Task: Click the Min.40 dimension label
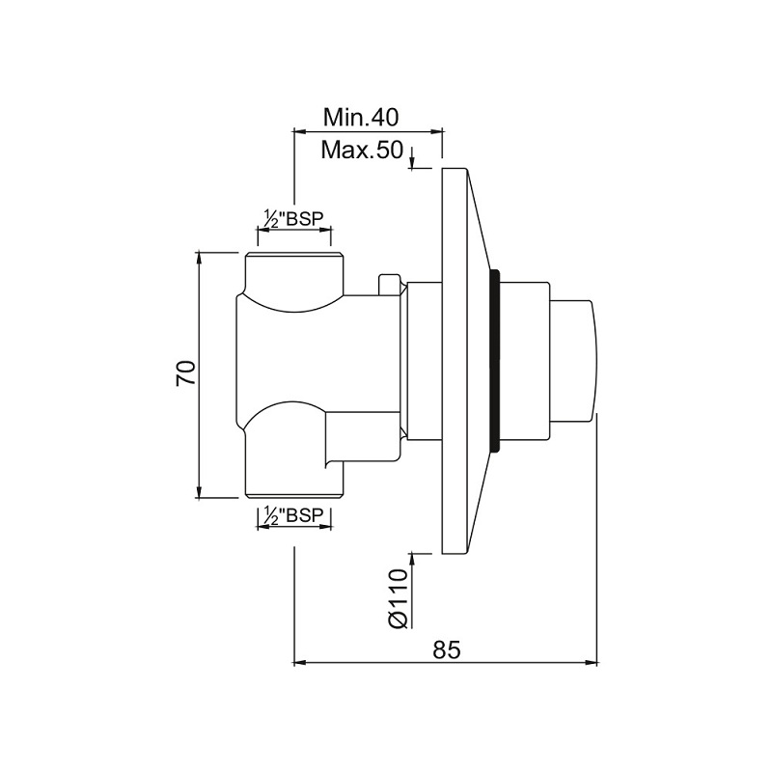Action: click(x=361, y=118)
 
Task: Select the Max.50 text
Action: click(x=362, y=150)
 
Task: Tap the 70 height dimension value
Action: click(x=186, y=373)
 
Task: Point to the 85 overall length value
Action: click(x=447, y=649)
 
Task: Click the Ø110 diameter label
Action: click(x=398, y=598)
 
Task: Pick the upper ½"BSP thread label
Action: click(x=293, y=218)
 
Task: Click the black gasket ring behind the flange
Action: click(x=495, y=360)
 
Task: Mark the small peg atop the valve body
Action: click(x=388, y=285)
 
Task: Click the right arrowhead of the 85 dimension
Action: click(x=592, y=663)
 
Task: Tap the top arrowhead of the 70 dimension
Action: click(x=200, y=258)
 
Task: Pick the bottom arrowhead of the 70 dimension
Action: click(x=200, y=492)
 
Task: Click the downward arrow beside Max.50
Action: click(x=413, y=156)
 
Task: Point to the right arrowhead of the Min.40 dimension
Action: click(x=436, y=131)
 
